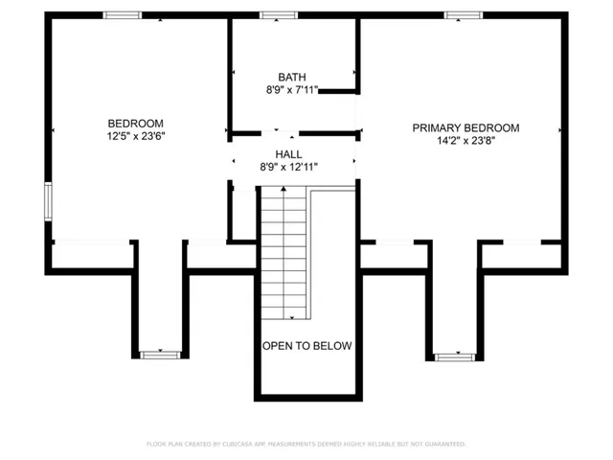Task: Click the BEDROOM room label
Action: point(135,124)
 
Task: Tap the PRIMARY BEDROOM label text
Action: point(465,127)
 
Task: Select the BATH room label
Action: point(292,77)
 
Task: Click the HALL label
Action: point(288,153)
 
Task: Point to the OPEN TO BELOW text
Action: point(307,346)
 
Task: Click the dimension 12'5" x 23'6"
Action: point(135,137)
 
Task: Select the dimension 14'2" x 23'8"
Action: point(465,141)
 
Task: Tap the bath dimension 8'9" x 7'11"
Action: point(292,90)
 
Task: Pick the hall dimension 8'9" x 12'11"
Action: point(288,167)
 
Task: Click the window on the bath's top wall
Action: point(279,15)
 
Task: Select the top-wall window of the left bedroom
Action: point(123,15)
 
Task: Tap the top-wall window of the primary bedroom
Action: point(463,15)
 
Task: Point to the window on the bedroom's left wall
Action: point(48,202)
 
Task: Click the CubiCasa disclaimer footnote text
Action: point(306,444)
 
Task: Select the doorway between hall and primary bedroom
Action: point(357,153)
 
